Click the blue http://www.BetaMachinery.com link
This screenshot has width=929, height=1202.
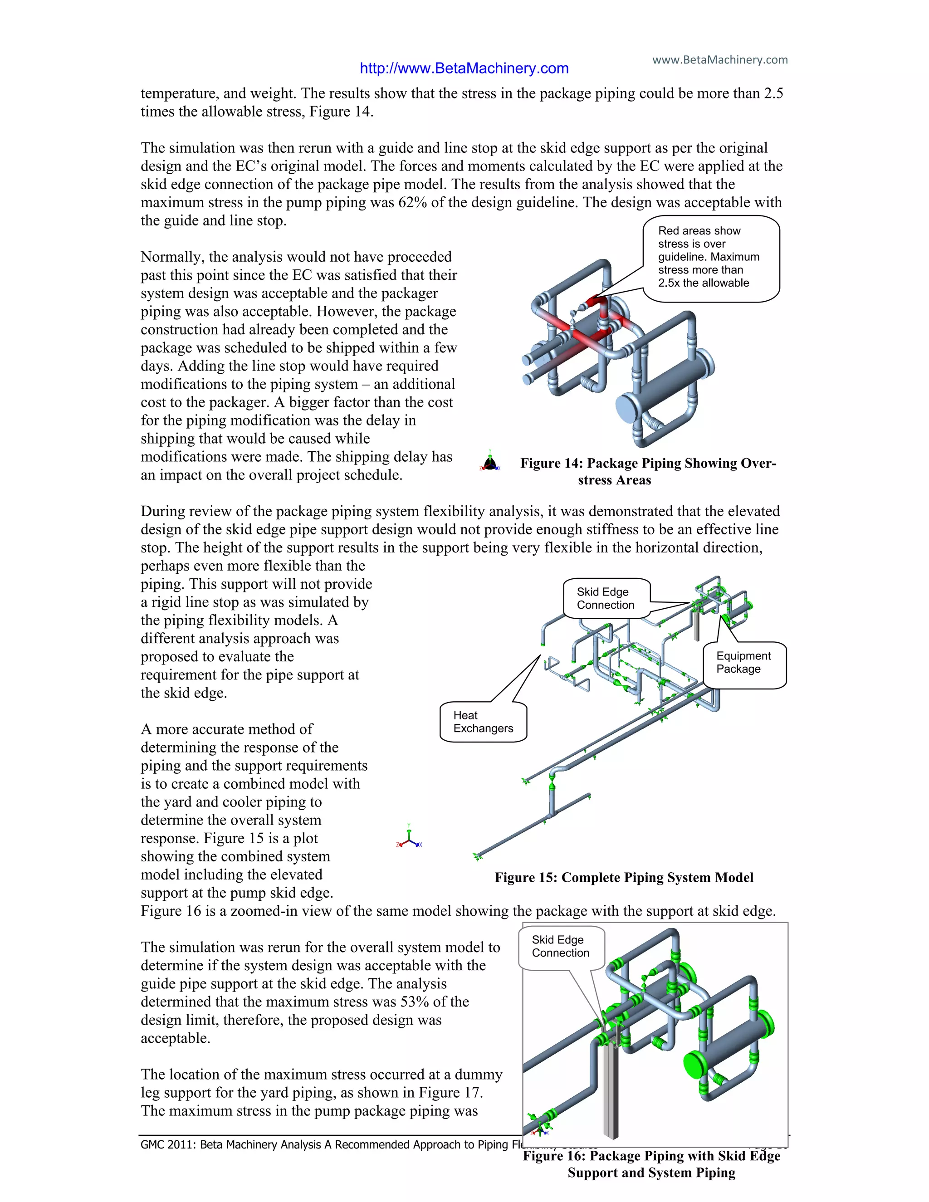[464, 68]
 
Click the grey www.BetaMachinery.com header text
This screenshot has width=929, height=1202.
[719, 59]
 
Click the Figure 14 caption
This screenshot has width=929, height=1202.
[648, 471]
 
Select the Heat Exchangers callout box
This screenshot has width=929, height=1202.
[483, 722]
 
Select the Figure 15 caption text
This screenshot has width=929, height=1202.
[624, 877]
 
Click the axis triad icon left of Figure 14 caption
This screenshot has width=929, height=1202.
[490, 462]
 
